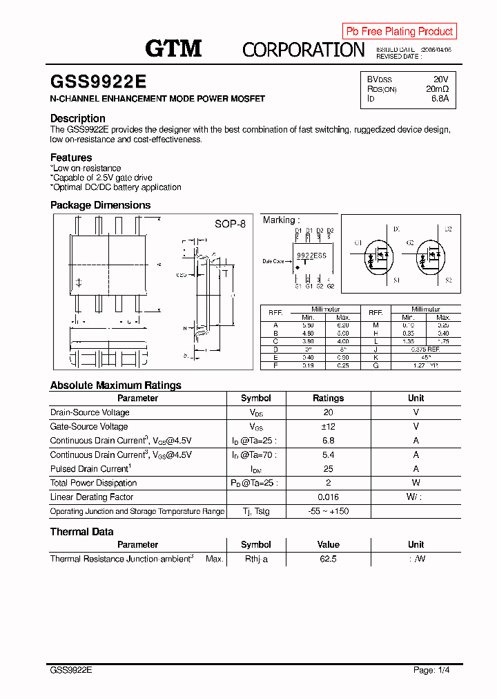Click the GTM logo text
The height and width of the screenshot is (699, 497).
pos(173,48)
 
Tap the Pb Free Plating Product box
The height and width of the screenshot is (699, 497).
pos(400,31)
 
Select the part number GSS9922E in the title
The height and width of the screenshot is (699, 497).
pos(98,82)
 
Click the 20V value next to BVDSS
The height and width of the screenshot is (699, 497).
pos(440,79)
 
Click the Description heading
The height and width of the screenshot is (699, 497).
pos(78,118)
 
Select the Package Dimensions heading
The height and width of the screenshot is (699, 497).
pos(100,205)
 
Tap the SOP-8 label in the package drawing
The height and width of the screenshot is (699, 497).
pos(230,224)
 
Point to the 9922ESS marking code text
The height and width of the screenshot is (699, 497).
pos(311,256)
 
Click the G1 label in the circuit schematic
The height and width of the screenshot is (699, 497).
pos(358,243)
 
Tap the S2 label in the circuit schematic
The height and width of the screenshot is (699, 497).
pos(448,280)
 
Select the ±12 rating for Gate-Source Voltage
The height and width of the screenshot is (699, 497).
pos(328,427)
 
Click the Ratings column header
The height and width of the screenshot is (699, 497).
pos(328,399)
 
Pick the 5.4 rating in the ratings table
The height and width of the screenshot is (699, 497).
pos(328,455)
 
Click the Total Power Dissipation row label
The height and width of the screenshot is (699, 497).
pos(93,483)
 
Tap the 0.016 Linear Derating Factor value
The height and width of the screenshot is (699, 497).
pos(328,497)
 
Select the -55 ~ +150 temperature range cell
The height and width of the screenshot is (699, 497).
pos(328,512)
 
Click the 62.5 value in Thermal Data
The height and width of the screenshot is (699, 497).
pos(328,559)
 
